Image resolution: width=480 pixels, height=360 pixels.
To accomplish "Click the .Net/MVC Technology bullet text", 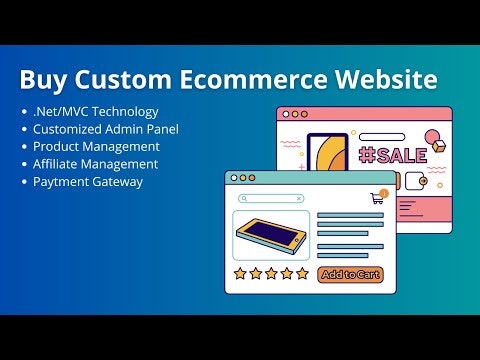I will (95, 112).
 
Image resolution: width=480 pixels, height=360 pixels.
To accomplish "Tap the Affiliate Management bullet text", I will (96, 164).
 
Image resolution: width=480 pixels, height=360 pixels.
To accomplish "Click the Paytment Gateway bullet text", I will (88, 181).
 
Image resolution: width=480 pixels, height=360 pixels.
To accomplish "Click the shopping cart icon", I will (377, 199).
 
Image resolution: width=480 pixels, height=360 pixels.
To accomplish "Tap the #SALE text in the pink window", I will (393, 155).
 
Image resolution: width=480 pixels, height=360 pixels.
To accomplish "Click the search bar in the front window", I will (270, 199).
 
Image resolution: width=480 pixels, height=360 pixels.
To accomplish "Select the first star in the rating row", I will (240, 274).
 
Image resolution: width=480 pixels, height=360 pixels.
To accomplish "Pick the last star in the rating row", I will (303, 274).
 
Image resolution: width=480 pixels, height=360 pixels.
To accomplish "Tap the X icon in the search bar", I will (298, 199).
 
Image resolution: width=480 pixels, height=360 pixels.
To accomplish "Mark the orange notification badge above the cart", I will (384, 191).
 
